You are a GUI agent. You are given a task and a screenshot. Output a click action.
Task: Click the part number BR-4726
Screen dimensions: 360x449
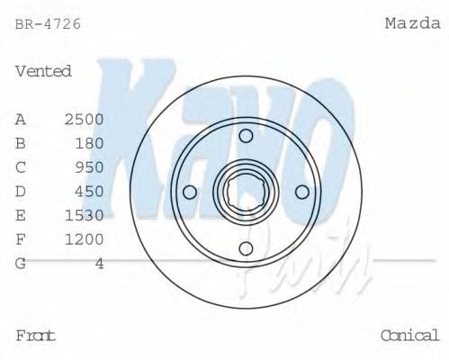click(48, 24)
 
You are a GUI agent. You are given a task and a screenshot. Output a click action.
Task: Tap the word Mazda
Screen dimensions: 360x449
click(412, 24)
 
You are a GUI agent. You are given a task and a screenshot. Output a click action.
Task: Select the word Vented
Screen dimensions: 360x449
click(43, 71)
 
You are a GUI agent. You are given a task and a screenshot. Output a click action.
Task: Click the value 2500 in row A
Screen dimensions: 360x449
click(84, 119)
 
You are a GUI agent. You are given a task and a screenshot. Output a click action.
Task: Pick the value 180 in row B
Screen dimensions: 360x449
click(89, 143)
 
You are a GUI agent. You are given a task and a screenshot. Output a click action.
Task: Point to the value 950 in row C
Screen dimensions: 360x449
click(89, 167)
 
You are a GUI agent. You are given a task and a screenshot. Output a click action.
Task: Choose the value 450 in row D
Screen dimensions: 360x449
click(89, 192)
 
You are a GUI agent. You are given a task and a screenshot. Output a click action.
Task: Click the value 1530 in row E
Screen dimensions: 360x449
click(84, 216)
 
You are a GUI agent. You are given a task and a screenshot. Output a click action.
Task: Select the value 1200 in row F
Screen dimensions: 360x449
click(84, 239)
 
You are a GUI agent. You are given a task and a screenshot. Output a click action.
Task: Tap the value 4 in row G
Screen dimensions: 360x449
click(100, 264)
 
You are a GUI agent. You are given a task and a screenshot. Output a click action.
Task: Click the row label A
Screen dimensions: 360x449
click(21, 119)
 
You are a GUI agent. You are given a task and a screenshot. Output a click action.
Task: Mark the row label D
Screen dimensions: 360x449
click(21, 192)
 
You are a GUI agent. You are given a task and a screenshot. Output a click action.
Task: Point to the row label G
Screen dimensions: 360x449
click(21, 264)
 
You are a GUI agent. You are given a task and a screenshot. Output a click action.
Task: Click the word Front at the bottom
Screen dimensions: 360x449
click(36, 336)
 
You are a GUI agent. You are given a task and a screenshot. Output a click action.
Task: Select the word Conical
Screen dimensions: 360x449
click(410, 336)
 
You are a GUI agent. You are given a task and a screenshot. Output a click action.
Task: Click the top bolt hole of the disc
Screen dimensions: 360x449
click(246, 136)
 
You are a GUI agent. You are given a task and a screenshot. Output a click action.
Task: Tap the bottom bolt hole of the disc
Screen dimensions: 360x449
click(246, 248)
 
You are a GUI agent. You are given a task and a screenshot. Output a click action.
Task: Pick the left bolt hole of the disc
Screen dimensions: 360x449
click(189, 192)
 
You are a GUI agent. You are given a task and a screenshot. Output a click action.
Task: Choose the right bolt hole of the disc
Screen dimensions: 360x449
click(302, 192)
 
